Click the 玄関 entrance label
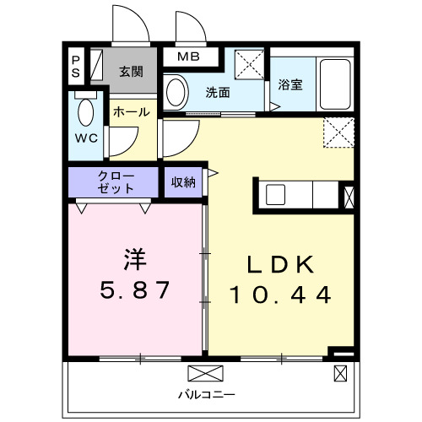coord(131,71)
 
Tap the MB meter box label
coord(187,57)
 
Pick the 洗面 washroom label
coord(218,92)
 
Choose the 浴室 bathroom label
coord(290,85)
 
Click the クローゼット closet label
coord(116,182)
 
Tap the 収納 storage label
coord(183,182)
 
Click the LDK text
coord(279,265)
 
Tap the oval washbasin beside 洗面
coord(175,91)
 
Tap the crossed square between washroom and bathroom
coord(250,63)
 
